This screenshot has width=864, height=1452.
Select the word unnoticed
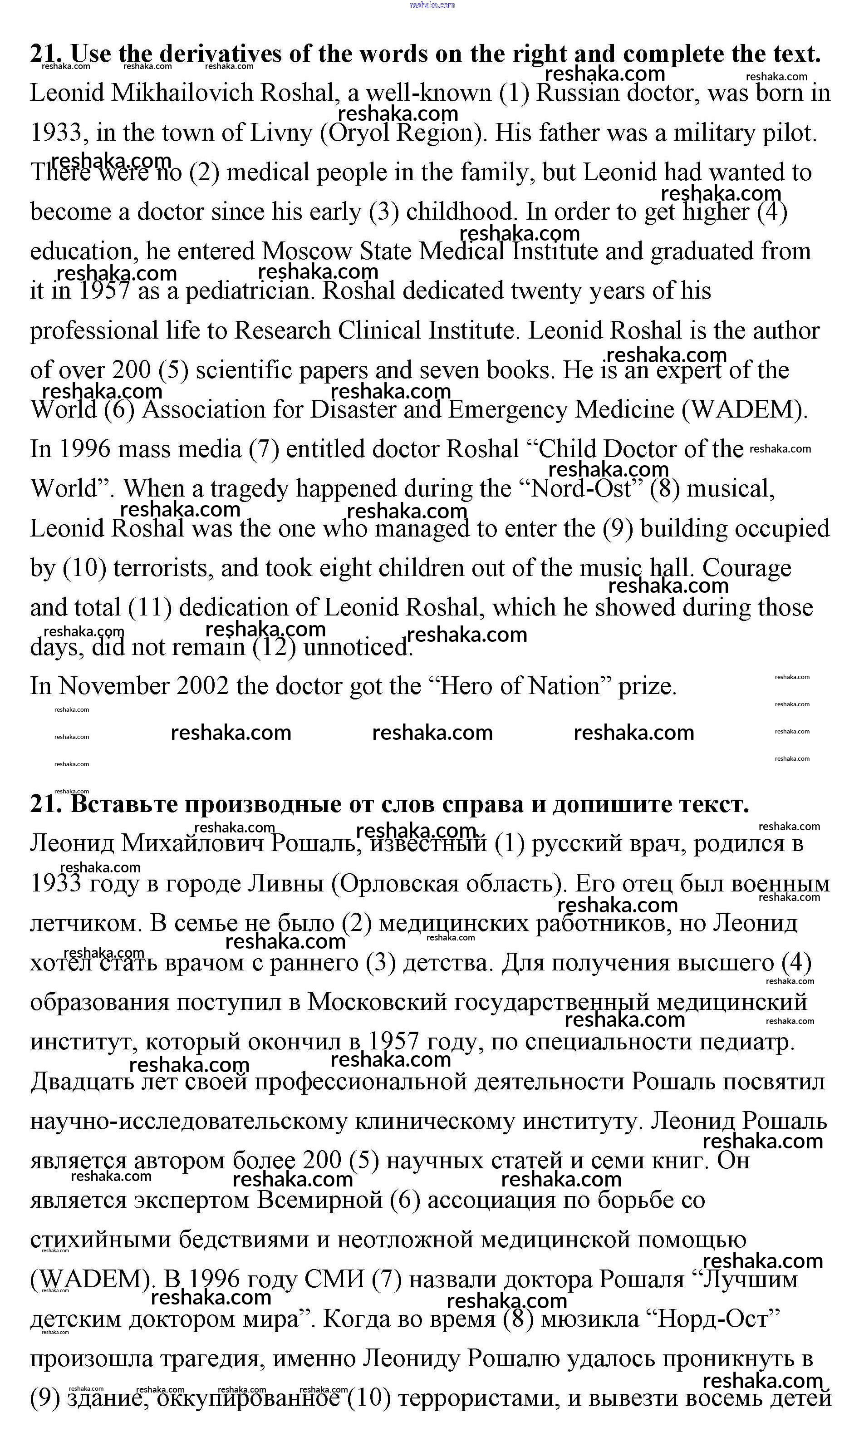pyautogui.click(x=358, y=647)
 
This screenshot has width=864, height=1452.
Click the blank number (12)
pyautogui.click(x=275, y=647)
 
